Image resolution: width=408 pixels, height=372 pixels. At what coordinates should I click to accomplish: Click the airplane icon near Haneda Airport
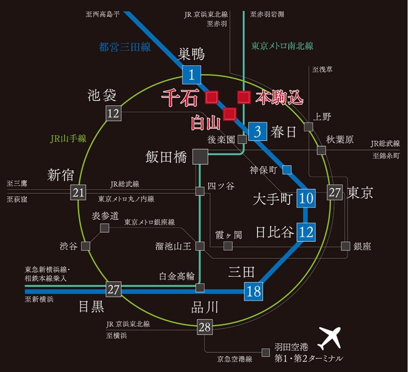click(329, 338)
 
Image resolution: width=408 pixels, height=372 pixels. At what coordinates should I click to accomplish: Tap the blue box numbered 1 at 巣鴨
click(192, 75)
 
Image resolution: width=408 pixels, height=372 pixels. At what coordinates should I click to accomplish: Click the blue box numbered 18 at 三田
click(253, 291)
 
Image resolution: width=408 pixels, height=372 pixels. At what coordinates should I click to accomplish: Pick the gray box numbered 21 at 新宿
click(78, 192)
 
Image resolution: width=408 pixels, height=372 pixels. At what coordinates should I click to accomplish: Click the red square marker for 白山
click(230, 114)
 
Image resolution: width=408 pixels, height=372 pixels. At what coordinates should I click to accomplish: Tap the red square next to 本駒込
click(244, 97)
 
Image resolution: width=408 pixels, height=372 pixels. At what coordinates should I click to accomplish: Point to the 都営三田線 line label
click(125, 47)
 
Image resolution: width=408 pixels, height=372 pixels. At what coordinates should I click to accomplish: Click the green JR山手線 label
click(68, 139)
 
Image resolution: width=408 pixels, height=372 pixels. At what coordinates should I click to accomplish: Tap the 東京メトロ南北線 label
click(282, 46)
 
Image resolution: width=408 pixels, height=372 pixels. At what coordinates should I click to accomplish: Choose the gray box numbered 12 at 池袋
click(114, 114)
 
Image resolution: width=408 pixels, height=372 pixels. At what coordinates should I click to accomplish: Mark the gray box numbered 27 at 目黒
click(114, 289)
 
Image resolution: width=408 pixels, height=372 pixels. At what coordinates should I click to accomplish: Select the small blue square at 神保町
click(287, 170)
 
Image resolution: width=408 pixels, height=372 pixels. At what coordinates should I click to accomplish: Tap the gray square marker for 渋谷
click(86, 246)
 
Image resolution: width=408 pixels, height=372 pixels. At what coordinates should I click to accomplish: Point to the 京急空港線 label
click(235, 358)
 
